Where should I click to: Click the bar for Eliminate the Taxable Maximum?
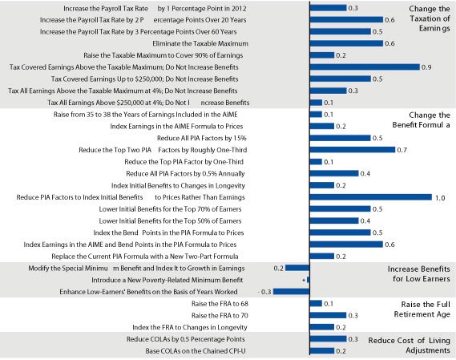click(346, 43)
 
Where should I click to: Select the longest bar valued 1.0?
click(371, 197)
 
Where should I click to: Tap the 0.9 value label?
click(426, 67)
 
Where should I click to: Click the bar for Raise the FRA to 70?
click(328, 315)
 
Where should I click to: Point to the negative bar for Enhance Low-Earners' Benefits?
click(292, 291)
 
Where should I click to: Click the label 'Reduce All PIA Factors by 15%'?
click(201, 138)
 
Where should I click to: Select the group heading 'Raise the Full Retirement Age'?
click(422, 309)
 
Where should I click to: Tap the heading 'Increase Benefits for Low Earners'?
click(419, 274)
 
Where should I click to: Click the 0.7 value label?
click(402, 150)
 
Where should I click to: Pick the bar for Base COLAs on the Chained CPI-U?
click(322, 350)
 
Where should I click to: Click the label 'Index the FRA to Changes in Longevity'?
click(190, 327)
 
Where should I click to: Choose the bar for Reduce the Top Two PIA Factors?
click(353, 150)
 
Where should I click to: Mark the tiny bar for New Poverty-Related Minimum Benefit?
click(309, 280)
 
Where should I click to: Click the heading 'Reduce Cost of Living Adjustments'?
click(410, 345)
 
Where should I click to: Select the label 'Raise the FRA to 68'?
click(220, 304)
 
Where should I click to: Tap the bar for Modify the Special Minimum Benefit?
click(297, 268)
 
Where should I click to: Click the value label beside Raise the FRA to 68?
click(329, 304)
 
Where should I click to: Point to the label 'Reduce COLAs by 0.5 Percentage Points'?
click(186, 339)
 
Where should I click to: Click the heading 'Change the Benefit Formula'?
click(421, 120)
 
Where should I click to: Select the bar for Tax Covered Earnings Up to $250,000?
click(341, 79)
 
